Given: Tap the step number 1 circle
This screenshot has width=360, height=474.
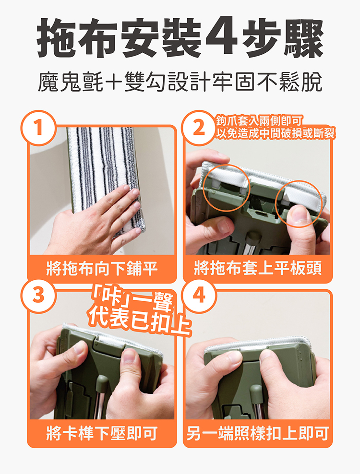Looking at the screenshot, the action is point(38,127).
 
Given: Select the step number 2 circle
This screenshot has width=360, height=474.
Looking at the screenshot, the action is point(199,127).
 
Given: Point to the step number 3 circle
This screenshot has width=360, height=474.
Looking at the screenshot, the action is point(38,296).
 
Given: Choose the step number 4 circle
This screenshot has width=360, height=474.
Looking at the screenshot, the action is point(199,296).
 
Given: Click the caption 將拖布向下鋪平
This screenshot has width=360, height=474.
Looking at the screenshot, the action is point(102,268).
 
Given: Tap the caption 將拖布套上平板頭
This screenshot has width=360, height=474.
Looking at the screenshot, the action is point(258,268).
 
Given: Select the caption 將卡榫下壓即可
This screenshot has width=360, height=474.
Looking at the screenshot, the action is point(102,433).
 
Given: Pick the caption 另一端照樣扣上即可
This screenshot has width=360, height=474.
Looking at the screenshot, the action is point(258,433).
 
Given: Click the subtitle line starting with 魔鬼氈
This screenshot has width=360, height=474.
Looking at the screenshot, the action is point(180,81).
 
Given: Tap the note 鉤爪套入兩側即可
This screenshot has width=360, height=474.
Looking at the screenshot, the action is point(259,121).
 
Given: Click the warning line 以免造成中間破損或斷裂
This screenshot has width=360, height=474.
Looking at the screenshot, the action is point(276,133).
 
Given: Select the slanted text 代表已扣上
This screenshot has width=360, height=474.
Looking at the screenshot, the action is point(139,320).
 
